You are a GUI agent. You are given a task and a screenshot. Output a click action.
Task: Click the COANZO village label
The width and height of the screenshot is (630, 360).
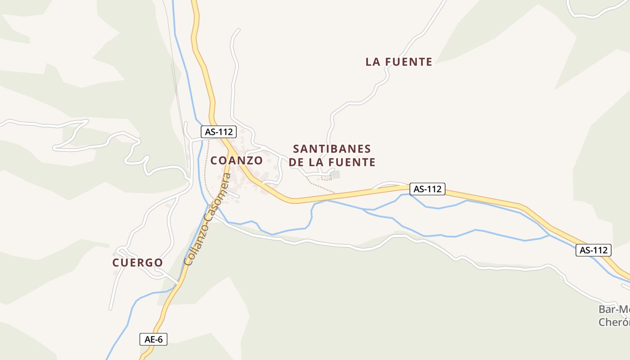point(236,161)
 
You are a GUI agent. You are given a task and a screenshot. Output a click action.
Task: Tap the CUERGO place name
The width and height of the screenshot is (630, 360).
point(137,263)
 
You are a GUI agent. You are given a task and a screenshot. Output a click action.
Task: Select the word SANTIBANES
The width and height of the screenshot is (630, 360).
point(332,149)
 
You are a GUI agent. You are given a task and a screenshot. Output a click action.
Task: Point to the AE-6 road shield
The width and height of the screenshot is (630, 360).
point(153,339)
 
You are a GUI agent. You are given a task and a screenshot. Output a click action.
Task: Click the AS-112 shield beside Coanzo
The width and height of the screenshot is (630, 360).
point(218,132)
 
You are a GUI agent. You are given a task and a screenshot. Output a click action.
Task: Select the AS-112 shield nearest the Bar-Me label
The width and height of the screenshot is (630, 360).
point(594,250)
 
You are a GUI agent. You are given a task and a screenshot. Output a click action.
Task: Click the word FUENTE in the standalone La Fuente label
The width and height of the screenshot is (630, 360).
point(409,62)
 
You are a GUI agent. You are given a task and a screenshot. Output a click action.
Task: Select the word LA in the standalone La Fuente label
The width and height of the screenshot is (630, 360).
point(373,62)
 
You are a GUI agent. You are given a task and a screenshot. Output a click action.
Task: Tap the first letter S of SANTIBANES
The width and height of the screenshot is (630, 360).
point(297,149)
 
